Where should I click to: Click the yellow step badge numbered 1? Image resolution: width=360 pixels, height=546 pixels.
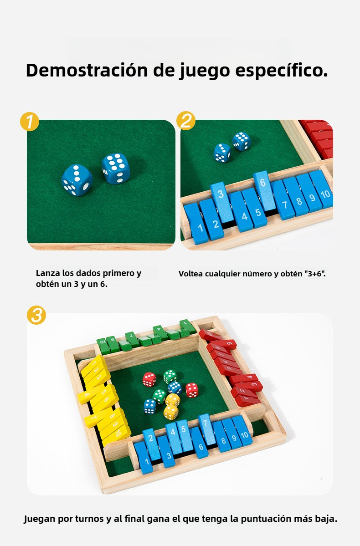pos(29,121)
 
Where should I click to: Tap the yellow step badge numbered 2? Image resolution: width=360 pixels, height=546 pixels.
pos(186,121)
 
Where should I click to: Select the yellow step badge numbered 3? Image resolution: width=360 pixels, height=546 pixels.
pos(36,315)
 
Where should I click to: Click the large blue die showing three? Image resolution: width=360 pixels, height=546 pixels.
pos(77,180)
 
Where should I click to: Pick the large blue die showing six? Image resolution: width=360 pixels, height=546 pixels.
pos(116,168)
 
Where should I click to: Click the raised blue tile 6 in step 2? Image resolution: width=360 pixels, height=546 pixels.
pos(265,190)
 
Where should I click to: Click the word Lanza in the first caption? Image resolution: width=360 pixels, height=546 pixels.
pos(48,273)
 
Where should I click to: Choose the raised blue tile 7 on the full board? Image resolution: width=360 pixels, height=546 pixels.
pos(207,429)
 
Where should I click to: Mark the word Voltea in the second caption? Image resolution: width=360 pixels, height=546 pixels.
pos(190,274)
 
